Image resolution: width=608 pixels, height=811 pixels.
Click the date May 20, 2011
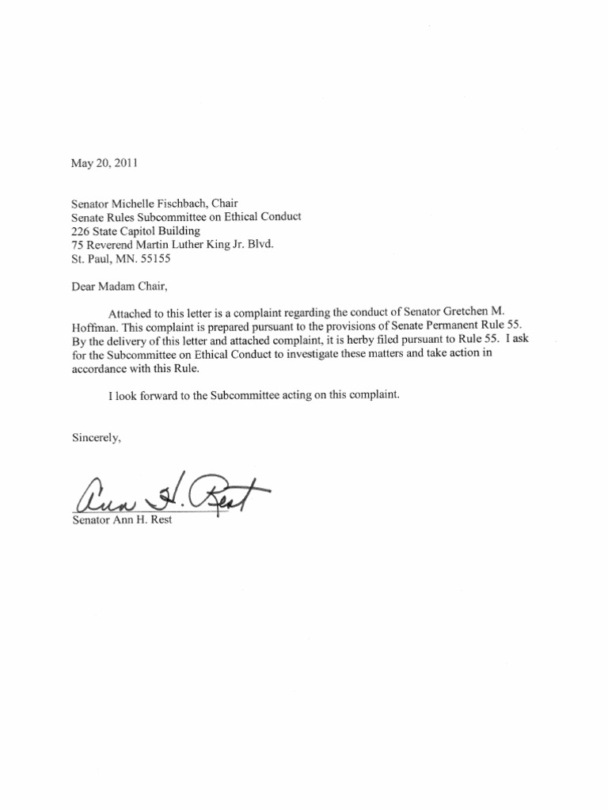click(104, 164)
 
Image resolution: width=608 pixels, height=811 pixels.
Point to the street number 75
click(77, 245)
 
